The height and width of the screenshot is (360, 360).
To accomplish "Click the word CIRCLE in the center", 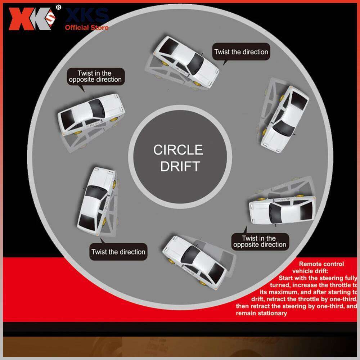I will point(178,150).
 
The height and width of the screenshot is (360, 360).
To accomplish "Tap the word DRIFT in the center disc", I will point(180,166).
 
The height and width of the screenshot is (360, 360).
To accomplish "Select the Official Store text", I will point(86,27).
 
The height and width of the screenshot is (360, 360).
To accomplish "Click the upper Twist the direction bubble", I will point(241,52).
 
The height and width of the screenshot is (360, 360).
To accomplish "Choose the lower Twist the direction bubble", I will point(118,252).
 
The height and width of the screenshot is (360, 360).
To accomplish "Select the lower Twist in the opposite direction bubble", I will point(259,242).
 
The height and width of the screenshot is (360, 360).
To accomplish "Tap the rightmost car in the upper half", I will point(285,118).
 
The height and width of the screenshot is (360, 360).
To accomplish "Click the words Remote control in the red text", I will point(321,264).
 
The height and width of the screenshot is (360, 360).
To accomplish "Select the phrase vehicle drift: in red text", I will point(311,271).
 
